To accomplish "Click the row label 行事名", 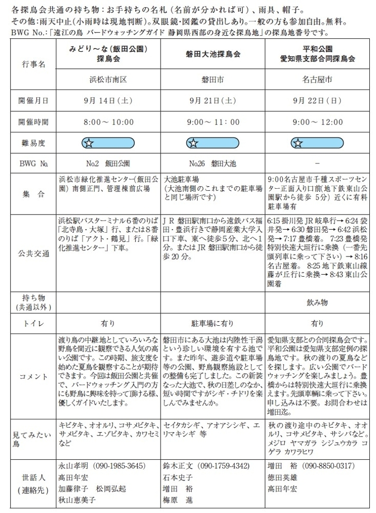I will click(34, 65).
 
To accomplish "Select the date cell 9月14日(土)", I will click(108, 101).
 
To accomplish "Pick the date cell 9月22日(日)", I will click(317, 101).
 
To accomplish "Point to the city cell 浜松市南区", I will click(108, 80).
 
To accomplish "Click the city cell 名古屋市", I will click(317, 80).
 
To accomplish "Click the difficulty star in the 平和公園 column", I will click(298, 143).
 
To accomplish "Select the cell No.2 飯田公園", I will click(108, 164).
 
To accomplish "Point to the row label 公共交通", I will click(34, 253).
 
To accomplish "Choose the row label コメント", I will click(34, 376).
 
